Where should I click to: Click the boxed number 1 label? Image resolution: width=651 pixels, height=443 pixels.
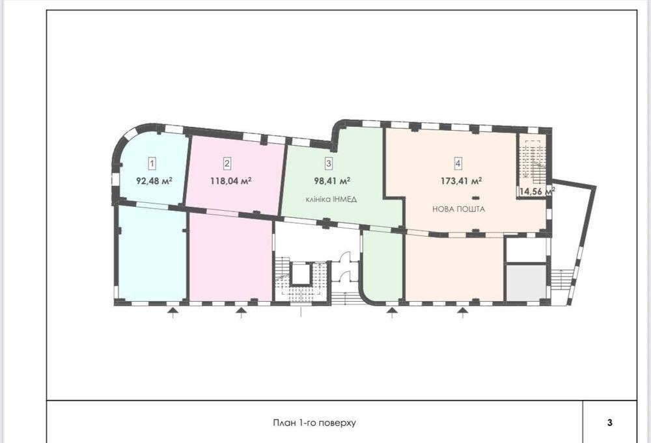152,163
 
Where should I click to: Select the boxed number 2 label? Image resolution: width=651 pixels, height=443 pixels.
227,163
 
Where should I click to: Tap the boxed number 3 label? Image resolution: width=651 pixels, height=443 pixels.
329,163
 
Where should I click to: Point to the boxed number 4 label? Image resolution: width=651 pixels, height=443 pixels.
458,163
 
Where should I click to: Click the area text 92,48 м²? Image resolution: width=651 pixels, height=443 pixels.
154,181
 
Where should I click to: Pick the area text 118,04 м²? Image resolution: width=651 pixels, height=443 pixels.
231,181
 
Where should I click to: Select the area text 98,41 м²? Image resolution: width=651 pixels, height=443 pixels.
332,181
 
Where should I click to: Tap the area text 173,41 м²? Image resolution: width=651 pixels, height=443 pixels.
462,181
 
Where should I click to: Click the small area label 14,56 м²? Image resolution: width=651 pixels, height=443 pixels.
537,192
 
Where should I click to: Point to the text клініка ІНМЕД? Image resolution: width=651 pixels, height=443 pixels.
331,200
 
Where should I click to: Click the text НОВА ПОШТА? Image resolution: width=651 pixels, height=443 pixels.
459,209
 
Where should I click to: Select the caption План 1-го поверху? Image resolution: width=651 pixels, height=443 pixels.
314,423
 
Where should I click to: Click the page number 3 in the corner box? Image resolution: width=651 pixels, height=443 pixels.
609,423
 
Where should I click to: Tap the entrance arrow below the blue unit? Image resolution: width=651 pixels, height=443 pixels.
173,312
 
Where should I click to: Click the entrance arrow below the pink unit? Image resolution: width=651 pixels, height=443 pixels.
241,312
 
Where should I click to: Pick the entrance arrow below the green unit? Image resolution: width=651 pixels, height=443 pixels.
391,312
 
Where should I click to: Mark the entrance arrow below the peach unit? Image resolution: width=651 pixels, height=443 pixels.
463,312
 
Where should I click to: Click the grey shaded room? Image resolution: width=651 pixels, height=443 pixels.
526,282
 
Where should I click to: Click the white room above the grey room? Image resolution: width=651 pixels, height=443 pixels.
526,250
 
